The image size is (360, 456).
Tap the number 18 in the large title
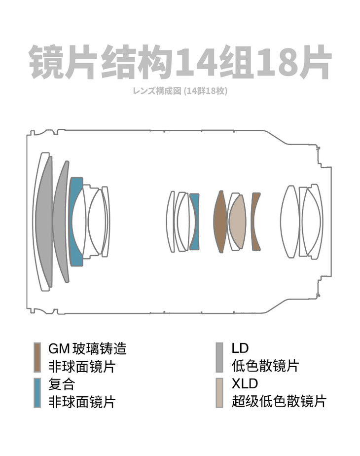[276, 63]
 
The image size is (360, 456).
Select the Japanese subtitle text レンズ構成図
[157, 91]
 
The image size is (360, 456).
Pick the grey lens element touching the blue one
[61, 221]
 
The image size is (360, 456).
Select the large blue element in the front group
[74, 221]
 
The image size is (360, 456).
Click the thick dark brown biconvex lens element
[220, 222]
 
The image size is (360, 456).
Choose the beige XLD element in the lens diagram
[237, 222]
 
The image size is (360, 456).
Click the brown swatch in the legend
[37, 357]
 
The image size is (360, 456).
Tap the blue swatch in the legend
[37, 393]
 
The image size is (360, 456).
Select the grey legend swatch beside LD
[219, 357]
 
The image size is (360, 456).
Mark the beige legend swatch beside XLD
[219, 393]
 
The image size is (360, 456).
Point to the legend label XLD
[245, 384]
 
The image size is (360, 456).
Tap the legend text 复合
[62, 384]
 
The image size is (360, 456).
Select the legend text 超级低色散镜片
[279, 401]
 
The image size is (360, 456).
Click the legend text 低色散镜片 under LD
[265, 366]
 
